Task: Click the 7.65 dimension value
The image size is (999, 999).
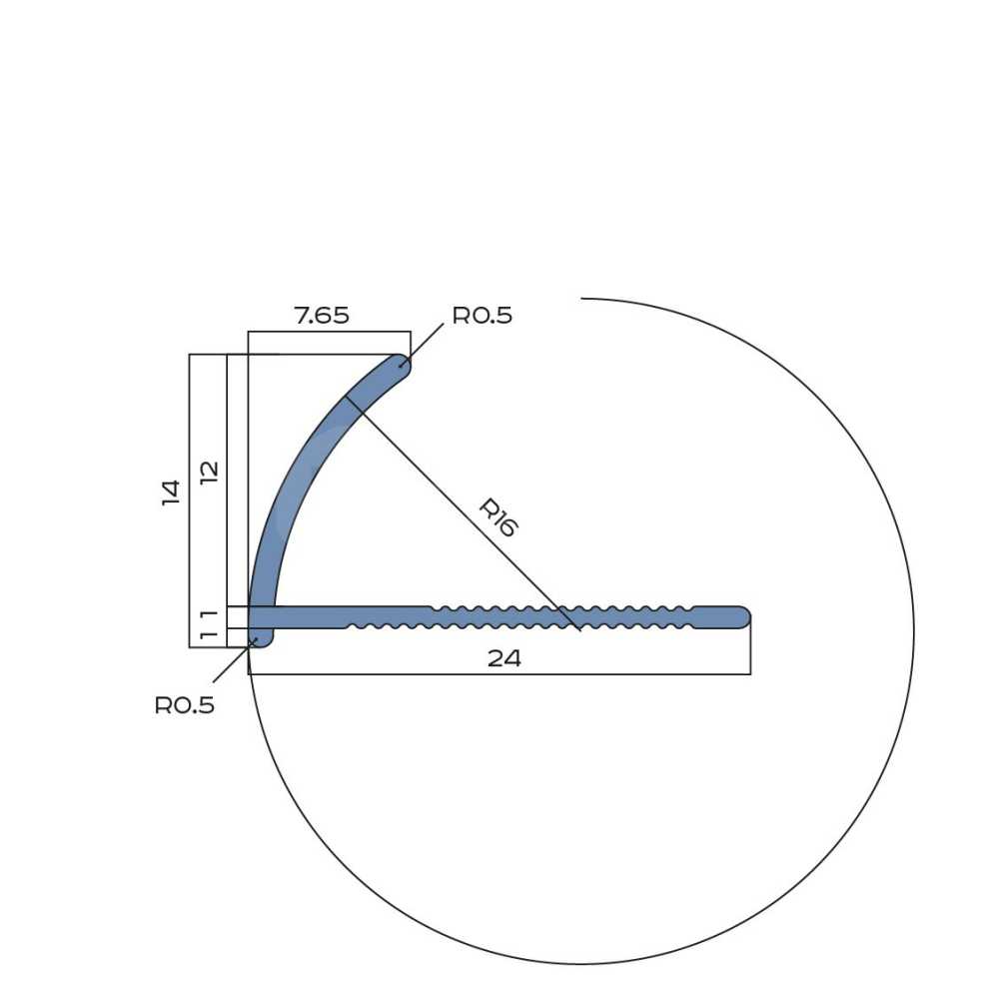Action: point(322,316)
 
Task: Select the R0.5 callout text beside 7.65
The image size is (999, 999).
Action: point(483,316)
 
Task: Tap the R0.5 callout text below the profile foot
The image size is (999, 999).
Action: point(185,705)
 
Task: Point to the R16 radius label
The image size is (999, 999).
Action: point(499,517)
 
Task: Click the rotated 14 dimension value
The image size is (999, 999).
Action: point(171,493)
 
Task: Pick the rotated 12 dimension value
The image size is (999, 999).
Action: point(209,473)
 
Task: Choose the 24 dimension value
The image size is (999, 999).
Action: point(503,658)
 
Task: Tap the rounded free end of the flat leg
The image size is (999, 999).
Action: point(741,617)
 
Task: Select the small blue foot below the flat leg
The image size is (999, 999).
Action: point(261,637)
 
